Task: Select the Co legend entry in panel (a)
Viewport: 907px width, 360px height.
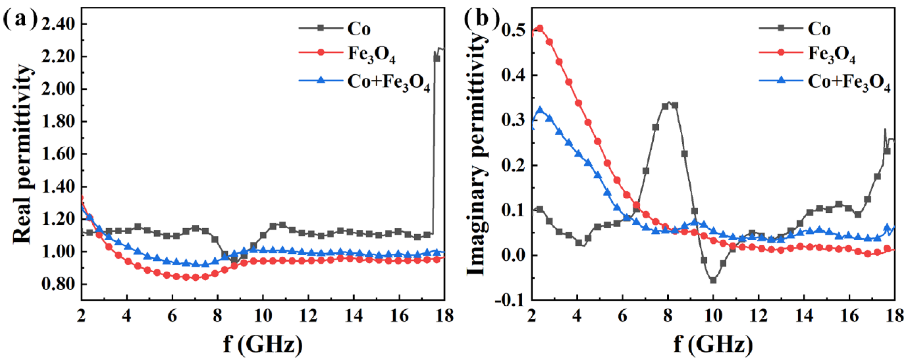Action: tap(358, 29)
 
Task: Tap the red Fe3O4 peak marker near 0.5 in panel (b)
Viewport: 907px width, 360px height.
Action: tap(540, 28)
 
